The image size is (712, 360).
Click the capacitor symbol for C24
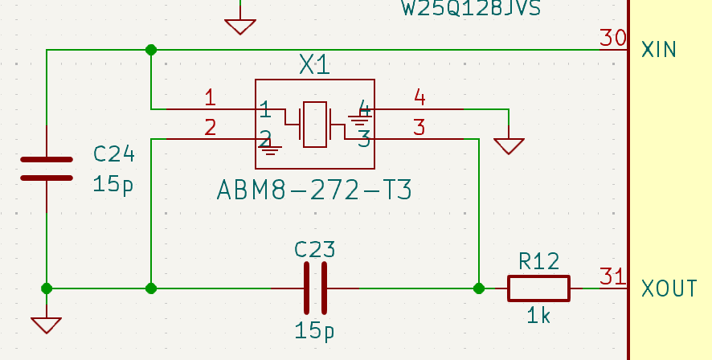click(x=47, y=169)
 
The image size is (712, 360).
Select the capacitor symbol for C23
click(x=314, y=288)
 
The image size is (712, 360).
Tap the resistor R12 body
click(x=538, y=288)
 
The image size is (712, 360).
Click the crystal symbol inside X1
click(x=314, y=125)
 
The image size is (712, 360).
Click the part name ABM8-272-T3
click(x=314, y=190)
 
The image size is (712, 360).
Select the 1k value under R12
click(x=538, y=316)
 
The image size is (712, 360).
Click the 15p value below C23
click(x=314, y=330)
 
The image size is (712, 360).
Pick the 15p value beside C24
click(x=113, y=184)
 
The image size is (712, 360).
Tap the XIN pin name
click(x=659, y=50)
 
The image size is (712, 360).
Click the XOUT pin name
click(x=669, y=288)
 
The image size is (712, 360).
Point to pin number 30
click(x=613, y=38)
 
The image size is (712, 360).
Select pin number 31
click(x=613, y=276)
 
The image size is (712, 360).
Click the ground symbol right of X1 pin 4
click(x=509, y=145)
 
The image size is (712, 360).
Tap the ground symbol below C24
click(x=47, y=324)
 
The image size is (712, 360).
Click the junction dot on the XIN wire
click(x=151, y=50)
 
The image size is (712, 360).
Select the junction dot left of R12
click(x=479, y=288)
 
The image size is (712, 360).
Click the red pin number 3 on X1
click(x=419, y=127)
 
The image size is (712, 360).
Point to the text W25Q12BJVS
click(x=470, y=9)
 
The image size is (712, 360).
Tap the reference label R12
click(x=538, y=261)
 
